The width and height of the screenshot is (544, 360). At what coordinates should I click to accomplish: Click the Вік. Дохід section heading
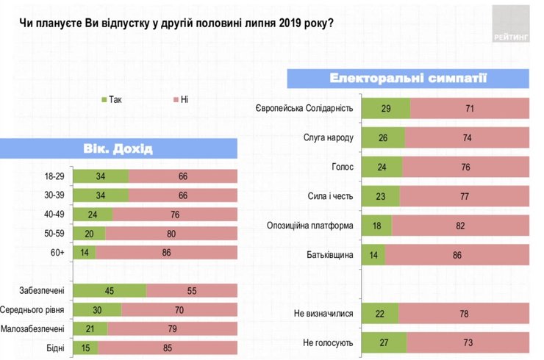(119, 150)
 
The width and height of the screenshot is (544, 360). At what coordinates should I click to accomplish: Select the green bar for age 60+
(85, 252)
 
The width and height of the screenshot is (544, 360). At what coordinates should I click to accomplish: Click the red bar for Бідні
(168, 348)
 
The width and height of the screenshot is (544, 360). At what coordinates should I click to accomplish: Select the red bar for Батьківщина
(457, 254)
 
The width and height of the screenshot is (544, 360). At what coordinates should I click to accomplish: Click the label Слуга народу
(329, 137)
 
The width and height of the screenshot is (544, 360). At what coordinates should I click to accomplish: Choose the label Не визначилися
(324, 314)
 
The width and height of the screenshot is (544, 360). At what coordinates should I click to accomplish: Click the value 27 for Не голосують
(379, 342)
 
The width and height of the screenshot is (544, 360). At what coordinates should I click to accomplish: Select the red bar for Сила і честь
(464, 196)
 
